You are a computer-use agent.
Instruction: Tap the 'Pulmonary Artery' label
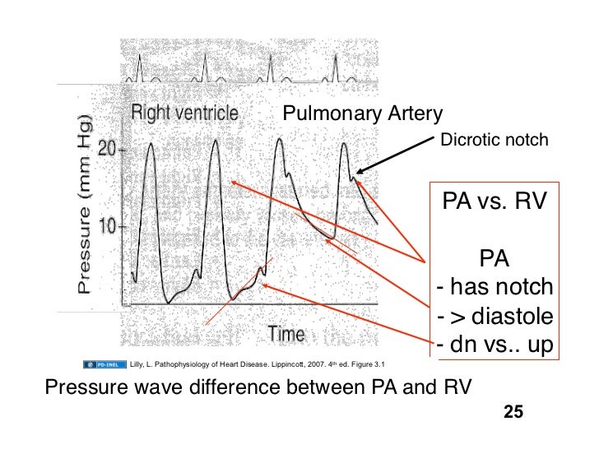[x=363, y=113]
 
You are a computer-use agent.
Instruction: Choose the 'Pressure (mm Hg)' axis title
[x=85, y=205]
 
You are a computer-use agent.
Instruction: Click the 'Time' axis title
[x=286, y=334]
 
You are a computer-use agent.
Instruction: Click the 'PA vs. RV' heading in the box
[x=494, y=201]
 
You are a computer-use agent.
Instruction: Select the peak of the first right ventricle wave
[x=150, y=143]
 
